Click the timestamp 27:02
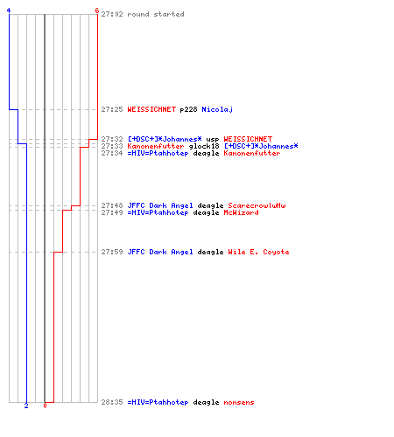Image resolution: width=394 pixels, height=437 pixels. pyautogui.click(x=112, y=14)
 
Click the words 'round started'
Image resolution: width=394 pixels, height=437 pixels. pyautogui.click(x=156, y=14)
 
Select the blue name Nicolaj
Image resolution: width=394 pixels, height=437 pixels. pyautogui.click(x=217, y=109)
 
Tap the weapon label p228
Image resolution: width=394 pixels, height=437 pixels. pyautogui.click(x=188, y=110)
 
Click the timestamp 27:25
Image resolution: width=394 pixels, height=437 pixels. pyautogui.click(x=112, y=109)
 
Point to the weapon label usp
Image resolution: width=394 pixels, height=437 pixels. pyautogui.click(x=213, y=140)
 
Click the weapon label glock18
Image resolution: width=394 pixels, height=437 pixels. pyautogui.click(x=204, y=147)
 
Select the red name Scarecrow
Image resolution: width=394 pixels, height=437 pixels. pyautogui.click(x=257, y=205)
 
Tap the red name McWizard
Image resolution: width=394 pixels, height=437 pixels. pyautogui.click(x=241, y=212)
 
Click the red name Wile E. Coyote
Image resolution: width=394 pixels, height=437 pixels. pyautogui.click(x=258, y=252)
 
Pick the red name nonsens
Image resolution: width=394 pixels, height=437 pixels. pyautogui.click(x=239, y=402)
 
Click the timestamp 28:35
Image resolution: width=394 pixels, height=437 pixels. pyautogui.click(x=112, y=402)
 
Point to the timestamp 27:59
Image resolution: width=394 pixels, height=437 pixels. pyautogui.click(x=112, y=252)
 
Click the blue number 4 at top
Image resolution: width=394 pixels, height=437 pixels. pyautogui.click(x=9, y=10)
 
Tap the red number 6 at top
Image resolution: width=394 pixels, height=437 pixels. pyautogui.click(x=97, y=10)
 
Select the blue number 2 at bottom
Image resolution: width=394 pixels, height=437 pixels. pyautogui.click(x=26, y=406)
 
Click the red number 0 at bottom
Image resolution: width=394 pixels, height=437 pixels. pyautogui.click(x=45, y=406)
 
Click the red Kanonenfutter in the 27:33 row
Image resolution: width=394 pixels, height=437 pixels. pyautogui.click(x=156, y=146)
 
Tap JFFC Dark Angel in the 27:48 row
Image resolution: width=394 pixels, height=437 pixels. pyautogui.click(x=160, y=205)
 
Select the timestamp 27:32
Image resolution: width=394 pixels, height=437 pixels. pyautogui.click(x=112, y=139)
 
